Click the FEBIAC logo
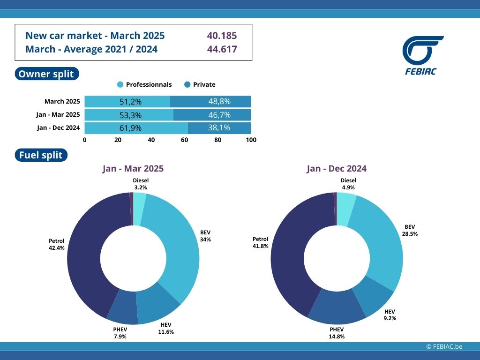click(x=422, y=55)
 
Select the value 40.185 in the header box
click(x=222, y=36)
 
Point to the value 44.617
click(x=222, y=49)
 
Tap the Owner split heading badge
click(x=47, y=74)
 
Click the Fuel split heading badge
click(x=41, y=155)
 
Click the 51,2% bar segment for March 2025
click(x=127, y=102)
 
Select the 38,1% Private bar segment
click(x=219, y=128)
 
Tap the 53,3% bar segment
click(x=129, y=115)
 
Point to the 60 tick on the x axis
click(x=185, y=140)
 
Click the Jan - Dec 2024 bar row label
click(x=58, y=127)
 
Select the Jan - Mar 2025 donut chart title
click(x=133, y=169)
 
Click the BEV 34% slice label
click(x=205, y=236)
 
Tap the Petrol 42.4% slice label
click(x=56, y=244)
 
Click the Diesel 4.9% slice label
click(x=348, y=184)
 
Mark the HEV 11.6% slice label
click(x=166, y=329)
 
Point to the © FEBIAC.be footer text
click(x=444, y=346)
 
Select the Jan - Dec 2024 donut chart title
click(x=337, y=169)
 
